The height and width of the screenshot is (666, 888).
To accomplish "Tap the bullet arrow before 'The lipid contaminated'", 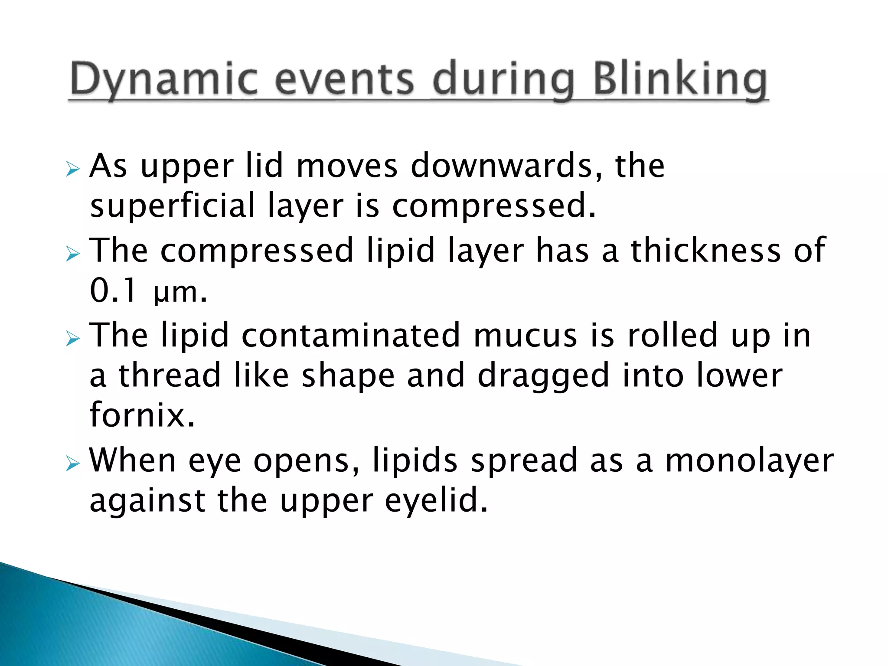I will (72, 338).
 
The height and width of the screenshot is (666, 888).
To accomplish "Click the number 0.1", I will (114, 291).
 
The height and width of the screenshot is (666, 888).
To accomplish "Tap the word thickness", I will (705, 250).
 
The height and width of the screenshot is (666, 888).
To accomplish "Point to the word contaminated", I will (350, 335).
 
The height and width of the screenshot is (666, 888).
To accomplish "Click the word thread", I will (170, 375).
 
